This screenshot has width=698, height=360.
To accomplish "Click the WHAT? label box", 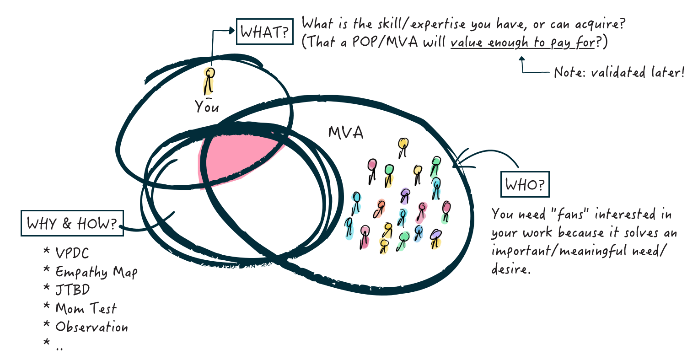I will pyautogui.click(x=264, y=32).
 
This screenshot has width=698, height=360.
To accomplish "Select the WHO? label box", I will pyautogui.click(x=525, y=184).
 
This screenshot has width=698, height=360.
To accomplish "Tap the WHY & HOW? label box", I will pyautogui.click(x=72, y=223).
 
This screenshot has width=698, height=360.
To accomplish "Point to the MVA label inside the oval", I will pyautogui.click(x=346, y=133).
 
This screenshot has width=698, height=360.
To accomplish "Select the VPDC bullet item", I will pyautogui.click(x=72, y=253).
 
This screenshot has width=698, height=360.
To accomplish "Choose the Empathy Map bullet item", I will pyautogui.click(x=96, y=272).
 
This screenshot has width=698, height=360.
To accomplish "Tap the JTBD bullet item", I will pyautogui.click(x=73, y=290).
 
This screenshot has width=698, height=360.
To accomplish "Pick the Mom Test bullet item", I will pyautogui.click(x=86, y=308).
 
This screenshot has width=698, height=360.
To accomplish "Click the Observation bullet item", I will pyautogui.click(x=91, y=327).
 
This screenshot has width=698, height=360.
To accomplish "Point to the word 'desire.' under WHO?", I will pyautogui.click(x=510, y=269).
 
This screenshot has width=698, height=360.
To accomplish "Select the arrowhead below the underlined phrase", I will pyautogui.click(x=522, y=59).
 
